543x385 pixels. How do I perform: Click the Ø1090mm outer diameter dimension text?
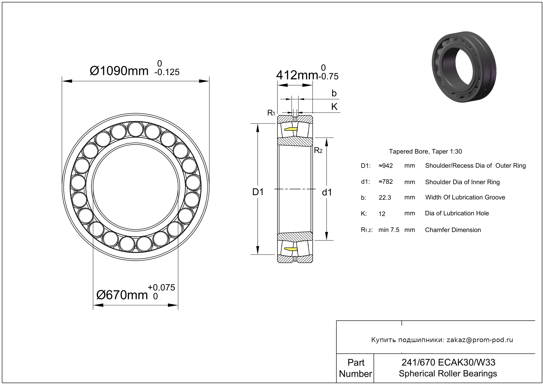(x=119, y=71)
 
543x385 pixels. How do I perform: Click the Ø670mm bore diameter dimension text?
(x=122, y=295)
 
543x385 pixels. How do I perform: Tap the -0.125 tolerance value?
(x=167, y=72)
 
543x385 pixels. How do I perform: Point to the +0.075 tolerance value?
(x=161, y=288)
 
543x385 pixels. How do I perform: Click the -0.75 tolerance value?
(x=329, y=77)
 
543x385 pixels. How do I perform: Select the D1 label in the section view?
(x=258, y=192)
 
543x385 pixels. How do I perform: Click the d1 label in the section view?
(x=327, y=192)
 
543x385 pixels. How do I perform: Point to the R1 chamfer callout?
(x=271, y=113)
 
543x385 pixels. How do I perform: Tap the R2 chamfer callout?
(x=318, y=150)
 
